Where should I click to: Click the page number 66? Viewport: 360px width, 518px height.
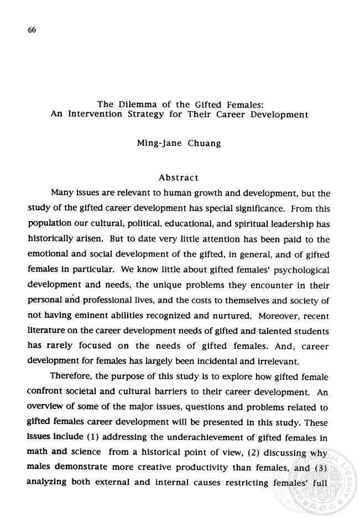pyautogui.click(x=31, y=31)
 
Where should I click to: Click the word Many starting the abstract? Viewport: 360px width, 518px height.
pyautogui.click(x=63, y=194)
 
